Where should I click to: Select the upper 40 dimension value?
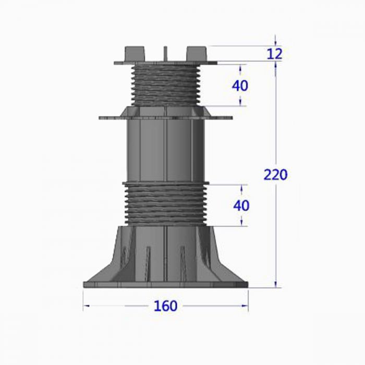click(240, 86)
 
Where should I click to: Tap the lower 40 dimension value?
click(241, 205)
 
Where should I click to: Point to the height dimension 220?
click(275, 175)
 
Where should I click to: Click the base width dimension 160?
click(165, 306)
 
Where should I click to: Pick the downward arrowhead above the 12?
click(276, 42)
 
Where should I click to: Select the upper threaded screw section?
click(165, 85)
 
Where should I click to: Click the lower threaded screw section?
click(165, 204)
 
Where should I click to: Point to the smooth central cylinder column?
click(165, 151)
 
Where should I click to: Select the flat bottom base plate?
click(165, 284)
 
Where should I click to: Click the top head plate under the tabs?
click(165, 63)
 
